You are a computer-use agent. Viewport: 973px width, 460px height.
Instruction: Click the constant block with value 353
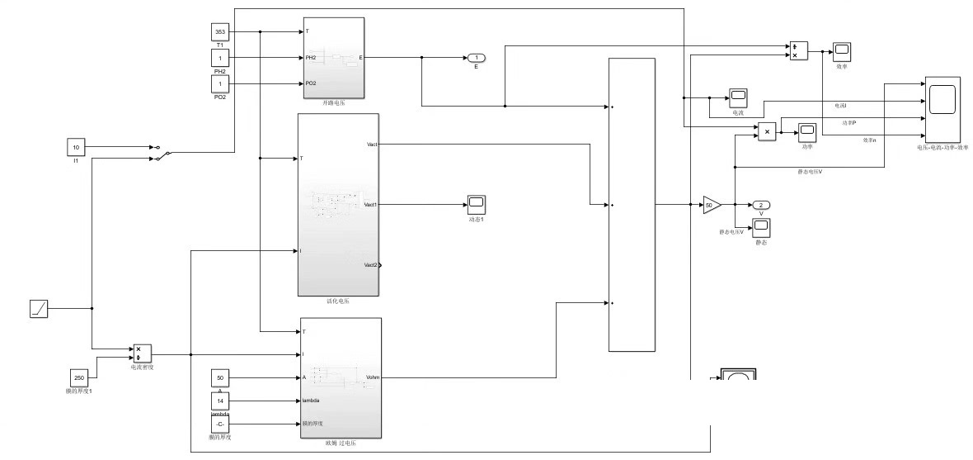[x=220, y=32]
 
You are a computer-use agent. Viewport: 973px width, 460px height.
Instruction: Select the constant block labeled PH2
[x=220, y=58]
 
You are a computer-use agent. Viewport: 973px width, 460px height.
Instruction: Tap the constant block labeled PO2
[x=220, y=83]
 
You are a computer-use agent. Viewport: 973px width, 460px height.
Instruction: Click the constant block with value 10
[x=76, y=147]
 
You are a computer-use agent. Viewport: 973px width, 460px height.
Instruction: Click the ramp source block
[x=39, y=309]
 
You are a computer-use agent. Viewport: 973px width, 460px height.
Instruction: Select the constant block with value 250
[x=79, y=377]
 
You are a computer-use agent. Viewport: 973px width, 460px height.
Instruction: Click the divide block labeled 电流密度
[x=142, y=353]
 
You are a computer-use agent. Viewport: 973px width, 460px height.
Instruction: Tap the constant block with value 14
[x=220, y=401]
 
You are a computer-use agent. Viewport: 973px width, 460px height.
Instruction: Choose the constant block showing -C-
[x=220, y=424]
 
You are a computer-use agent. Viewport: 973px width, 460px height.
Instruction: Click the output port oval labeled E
[x=476, y=58]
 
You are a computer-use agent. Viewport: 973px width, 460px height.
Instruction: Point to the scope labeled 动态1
[x=476, y=204]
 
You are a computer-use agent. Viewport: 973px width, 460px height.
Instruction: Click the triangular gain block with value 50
[x=711, y=204]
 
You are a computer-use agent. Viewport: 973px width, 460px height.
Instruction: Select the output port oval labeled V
[x=760, y=204]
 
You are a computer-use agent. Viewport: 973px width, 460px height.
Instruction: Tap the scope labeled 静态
[x=760, y=227]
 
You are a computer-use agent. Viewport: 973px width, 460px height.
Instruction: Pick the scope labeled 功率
[x=806, y=131]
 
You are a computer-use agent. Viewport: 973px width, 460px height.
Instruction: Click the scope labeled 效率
[x=841, y=51]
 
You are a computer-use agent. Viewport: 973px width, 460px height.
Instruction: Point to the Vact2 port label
[x=370, y=265]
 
